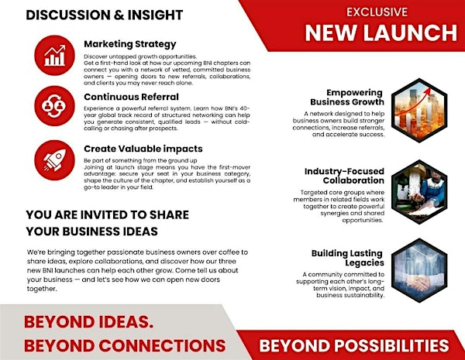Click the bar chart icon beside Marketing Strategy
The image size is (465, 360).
(55, 55)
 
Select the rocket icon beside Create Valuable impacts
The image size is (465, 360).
(55, 155)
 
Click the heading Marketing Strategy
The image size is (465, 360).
(129, 44)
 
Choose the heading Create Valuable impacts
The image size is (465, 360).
(144, 148)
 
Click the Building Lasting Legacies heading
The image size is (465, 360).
(348, 258)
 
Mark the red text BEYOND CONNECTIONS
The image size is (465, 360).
(125, 345)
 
